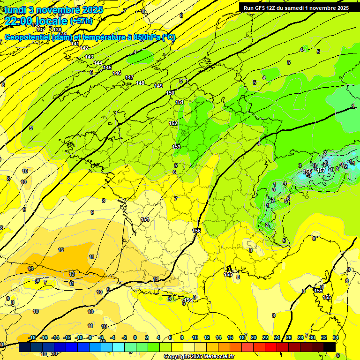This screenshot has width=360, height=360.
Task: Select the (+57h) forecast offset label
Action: tap(81, 21)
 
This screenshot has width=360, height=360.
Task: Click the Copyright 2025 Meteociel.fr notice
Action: tap(199, 357)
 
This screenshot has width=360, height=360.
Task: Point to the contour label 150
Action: tap(170, 93)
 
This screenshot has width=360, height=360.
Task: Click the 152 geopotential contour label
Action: tap(173, 123)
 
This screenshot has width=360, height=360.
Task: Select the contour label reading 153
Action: tap(176, 147)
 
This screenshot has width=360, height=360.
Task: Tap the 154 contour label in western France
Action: tap(145, 219)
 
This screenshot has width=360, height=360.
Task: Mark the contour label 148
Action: tap(140, 83)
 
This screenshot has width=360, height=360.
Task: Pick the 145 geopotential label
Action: tap(107, 68)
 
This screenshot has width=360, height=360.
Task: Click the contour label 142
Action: tap(84, 48)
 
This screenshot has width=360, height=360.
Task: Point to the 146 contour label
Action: tap(117, 73)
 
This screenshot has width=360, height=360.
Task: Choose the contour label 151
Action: tap(179, 102)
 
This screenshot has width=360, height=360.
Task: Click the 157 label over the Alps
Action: tap(321, 170)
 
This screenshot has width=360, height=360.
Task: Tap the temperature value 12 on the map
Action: tap(61, 250)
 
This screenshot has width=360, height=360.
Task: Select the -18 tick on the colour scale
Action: tap(32, 337)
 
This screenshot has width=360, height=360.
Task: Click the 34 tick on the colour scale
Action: tap(336, 337)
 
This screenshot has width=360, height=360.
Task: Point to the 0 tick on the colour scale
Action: tap(135, 337)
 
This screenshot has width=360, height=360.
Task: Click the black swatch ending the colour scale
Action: tap(330, 347)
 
